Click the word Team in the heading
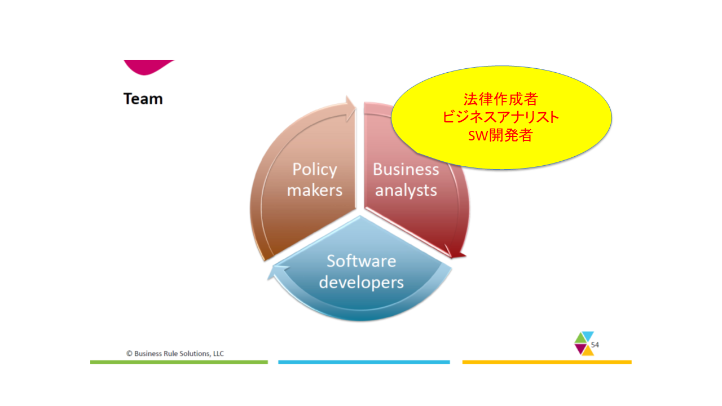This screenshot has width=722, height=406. pos(143,99)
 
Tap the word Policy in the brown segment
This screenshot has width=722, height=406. pos(315,170)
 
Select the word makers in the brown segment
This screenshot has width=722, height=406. pos(315,190)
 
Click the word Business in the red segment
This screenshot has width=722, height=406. pos(406,169)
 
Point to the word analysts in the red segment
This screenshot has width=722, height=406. pos(406,191)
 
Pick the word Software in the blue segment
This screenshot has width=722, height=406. pos(362,261)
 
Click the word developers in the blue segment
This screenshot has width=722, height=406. pos(362,283)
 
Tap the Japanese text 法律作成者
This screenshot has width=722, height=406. pos(500,99)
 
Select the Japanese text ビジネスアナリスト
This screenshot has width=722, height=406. pos(500,117)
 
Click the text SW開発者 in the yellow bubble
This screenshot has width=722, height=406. pos(500,135)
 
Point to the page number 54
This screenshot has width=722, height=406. pos(595,345)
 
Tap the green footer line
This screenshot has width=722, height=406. pos(179,362)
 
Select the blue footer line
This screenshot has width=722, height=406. pos(364,362)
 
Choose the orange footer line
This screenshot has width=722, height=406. pos(547,362)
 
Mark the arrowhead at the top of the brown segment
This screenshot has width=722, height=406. pos(351,108)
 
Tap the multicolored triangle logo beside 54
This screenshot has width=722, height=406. pos(584,343)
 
